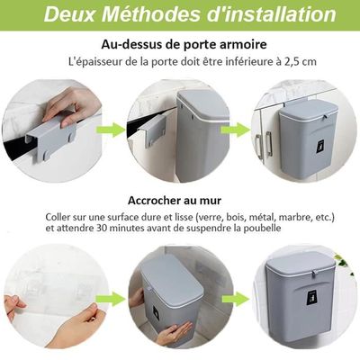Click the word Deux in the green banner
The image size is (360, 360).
[x=69, y=14]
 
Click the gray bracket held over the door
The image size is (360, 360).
[x=49, y=139]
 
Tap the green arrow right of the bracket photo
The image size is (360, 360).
[x=111, y=130]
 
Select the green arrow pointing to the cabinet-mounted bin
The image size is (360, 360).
[x=236, y=130]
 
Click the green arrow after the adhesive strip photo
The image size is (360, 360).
[x=111, y=299]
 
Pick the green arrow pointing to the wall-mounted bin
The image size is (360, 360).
[x=236, y=299]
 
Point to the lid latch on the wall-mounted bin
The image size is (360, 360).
[x=313, y=274]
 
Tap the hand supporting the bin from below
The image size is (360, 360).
[x=175, y=333]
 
